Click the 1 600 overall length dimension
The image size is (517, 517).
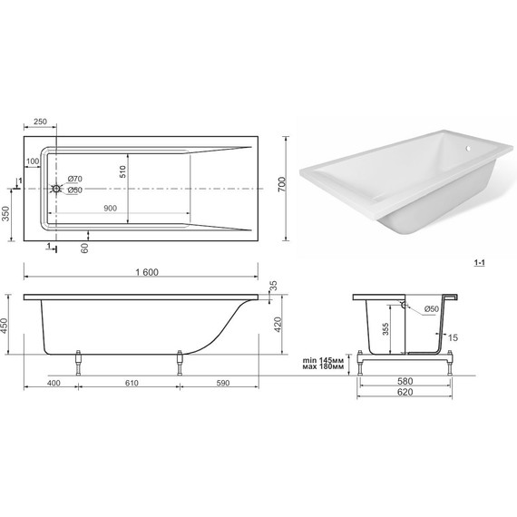147,272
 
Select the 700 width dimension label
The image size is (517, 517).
282,185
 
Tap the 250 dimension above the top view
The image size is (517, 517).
40,122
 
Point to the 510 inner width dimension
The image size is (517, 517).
122,171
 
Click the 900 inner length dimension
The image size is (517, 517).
110,208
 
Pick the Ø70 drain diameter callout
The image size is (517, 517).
75,179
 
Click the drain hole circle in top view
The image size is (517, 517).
56,189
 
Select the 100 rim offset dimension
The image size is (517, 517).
33,161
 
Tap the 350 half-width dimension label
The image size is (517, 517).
6,214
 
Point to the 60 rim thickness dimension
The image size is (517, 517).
84,248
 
